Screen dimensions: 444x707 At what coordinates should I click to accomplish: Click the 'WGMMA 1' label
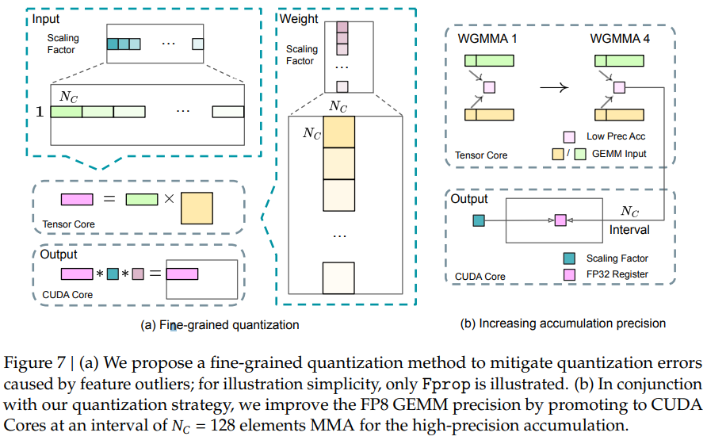coord(484,38)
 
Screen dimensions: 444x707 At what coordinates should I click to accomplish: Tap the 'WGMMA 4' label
coord(619,38)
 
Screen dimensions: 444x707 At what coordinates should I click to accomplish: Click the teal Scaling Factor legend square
coord(568,258)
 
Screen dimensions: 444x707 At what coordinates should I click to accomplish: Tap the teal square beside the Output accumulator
coord(478,220)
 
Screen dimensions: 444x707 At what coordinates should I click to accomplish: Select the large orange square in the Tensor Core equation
coord(198,209)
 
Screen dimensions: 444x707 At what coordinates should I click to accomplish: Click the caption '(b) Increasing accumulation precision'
coord(563,323)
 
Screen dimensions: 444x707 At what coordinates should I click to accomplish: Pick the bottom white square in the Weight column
coord(338,278)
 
